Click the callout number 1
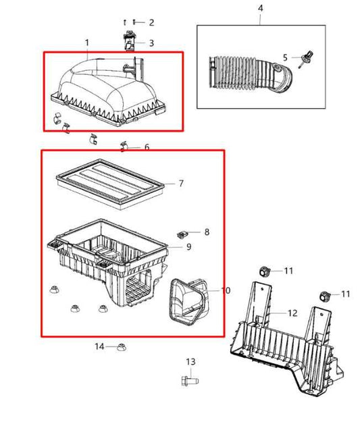click(87, 43)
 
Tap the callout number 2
click(151, 22)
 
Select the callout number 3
click(151, 43)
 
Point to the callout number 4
click(261, 8)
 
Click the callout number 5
click(285, 57)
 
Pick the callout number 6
click(147, 147)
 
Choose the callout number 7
click(181, 183)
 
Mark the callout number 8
click(207, 232)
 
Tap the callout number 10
click(226, 290)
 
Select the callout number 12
click(292, 313)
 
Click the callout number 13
click(190, 362)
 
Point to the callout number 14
click(99, 346)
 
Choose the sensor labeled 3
click(130, 42)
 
